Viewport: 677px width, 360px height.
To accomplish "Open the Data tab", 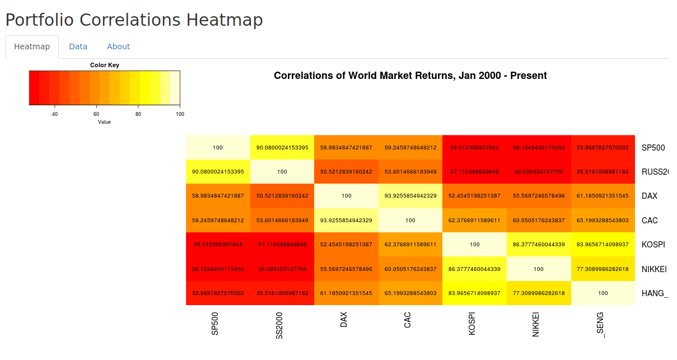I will pos(78,46).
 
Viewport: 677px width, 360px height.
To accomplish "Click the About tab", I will pos(118,46).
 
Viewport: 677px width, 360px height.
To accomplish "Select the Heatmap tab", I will pos(32,46).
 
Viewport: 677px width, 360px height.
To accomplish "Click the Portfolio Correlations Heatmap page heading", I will pos(134,20).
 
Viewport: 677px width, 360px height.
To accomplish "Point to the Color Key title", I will pos(105,65).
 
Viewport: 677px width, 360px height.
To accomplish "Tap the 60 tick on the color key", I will pos(96,114).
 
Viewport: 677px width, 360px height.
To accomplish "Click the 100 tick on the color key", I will pos(180,114).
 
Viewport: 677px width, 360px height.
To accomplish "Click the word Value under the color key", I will pos(104,121).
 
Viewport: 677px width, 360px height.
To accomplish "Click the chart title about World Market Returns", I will pos(410,76).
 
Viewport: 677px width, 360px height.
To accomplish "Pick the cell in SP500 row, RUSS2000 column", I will pos(282,148).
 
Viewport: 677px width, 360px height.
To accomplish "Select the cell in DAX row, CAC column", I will pos(410,196).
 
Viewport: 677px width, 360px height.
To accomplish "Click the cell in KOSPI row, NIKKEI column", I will pos(539,245).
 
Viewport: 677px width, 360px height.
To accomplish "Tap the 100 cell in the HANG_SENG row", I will pos(603,293).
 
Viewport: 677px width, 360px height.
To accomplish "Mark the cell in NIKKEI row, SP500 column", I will pos(218,269).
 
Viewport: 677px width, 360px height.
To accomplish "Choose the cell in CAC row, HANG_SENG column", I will pos(603,221).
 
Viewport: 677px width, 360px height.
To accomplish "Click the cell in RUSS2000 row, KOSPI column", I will pos(475,172).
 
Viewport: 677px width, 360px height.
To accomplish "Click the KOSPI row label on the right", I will pos(653,245).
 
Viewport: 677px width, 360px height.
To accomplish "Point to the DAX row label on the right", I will pos(650,196).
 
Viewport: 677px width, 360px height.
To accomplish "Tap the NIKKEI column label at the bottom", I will pos(536,324).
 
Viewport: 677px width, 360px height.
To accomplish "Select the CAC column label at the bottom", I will pos(408,321).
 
